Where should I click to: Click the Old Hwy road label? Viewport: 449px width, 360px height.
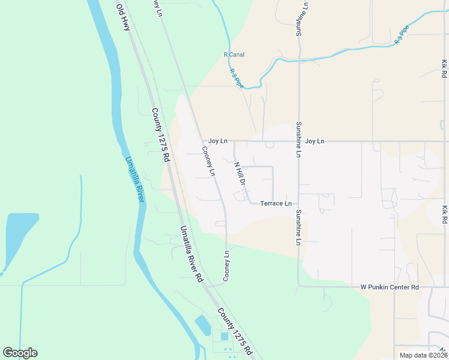coord(123,18)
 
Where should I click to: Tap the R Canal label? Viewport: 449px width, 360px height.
coord(234,55)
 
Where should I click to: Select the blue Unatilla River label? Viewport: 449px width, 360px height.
coord(136,179)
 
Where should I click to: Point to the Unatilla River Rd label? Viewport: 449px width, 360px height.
coord(191,254)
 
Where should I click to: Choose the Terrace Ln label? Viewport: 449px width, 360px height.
coord(276,203)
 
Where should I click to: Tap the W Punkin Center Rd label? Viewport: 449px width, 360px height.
coord(389,288)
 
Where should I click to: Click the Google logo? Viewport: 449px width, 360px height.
coord(20,353)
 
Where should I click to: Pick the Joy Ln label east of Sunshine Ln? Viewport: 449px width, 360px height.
coord(315,141)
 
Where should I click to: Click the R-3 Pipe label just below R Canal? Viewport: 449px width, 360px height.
coord(237,78)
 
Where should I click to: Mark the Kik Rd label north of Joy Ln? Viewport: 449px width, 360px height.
coord(444,68)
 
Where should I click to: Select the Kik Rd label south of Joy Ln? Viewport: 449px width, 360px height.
coord(444,215)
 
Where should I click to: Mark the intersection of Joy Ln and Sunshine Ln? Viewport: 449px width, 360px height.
coord(298,142)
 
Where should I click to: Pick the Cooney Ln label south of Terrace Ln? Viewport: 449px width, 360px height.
coord(226,266)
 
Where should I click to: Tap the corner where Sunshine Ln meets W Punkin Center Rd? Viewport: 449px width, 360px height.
coord(299,286)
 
